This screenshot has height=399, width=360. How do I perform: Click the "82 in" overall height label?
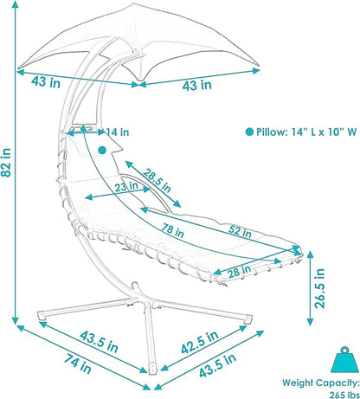[6, 162]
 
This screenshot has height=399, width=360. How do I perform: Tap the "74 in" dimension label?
[77, 364]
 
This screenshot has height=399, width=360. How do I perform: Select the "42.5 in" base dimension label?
[199, 342]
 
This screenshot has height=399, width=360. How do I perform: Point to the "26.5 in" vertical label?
[319, 288]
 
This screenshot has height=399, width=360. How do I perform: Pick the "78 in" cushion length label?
[172, 230]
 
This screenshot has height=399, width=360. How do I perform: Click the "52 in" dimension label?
[240, 231]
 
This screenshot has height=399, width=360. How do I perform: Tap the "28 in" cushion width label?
[239, 272]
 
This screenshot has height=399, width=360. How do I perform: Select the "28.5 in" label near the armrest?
[157, 181]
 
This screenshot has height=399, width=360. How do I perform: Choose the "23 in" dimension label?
[126, 187]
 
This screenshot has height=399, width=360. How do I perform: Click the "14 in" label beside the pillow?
[118, 132]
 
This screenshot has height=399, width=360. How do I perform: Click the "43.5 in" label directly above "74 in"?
[99, 342]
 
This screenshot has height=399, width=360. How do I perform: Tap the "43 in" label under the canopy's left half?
[46, 82]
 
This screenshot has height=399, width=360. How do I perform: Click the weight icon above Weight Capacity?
[344, 359]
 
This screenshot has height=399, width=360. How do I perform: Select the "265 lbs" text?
[344, 395]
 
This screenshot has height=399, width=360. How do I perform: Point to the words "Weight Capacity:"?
[321, 383]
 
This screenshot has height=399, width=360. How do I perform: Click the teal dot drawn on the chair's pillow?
[102, 150]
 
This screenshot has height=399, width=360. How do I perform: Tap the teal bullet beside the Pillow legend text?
[249, 132]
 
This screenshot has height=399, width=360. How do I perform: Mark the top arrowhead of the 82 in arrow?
[15, 4]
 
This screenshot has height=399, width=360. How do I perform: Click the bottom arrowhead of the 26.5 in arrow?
[310, 322]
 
